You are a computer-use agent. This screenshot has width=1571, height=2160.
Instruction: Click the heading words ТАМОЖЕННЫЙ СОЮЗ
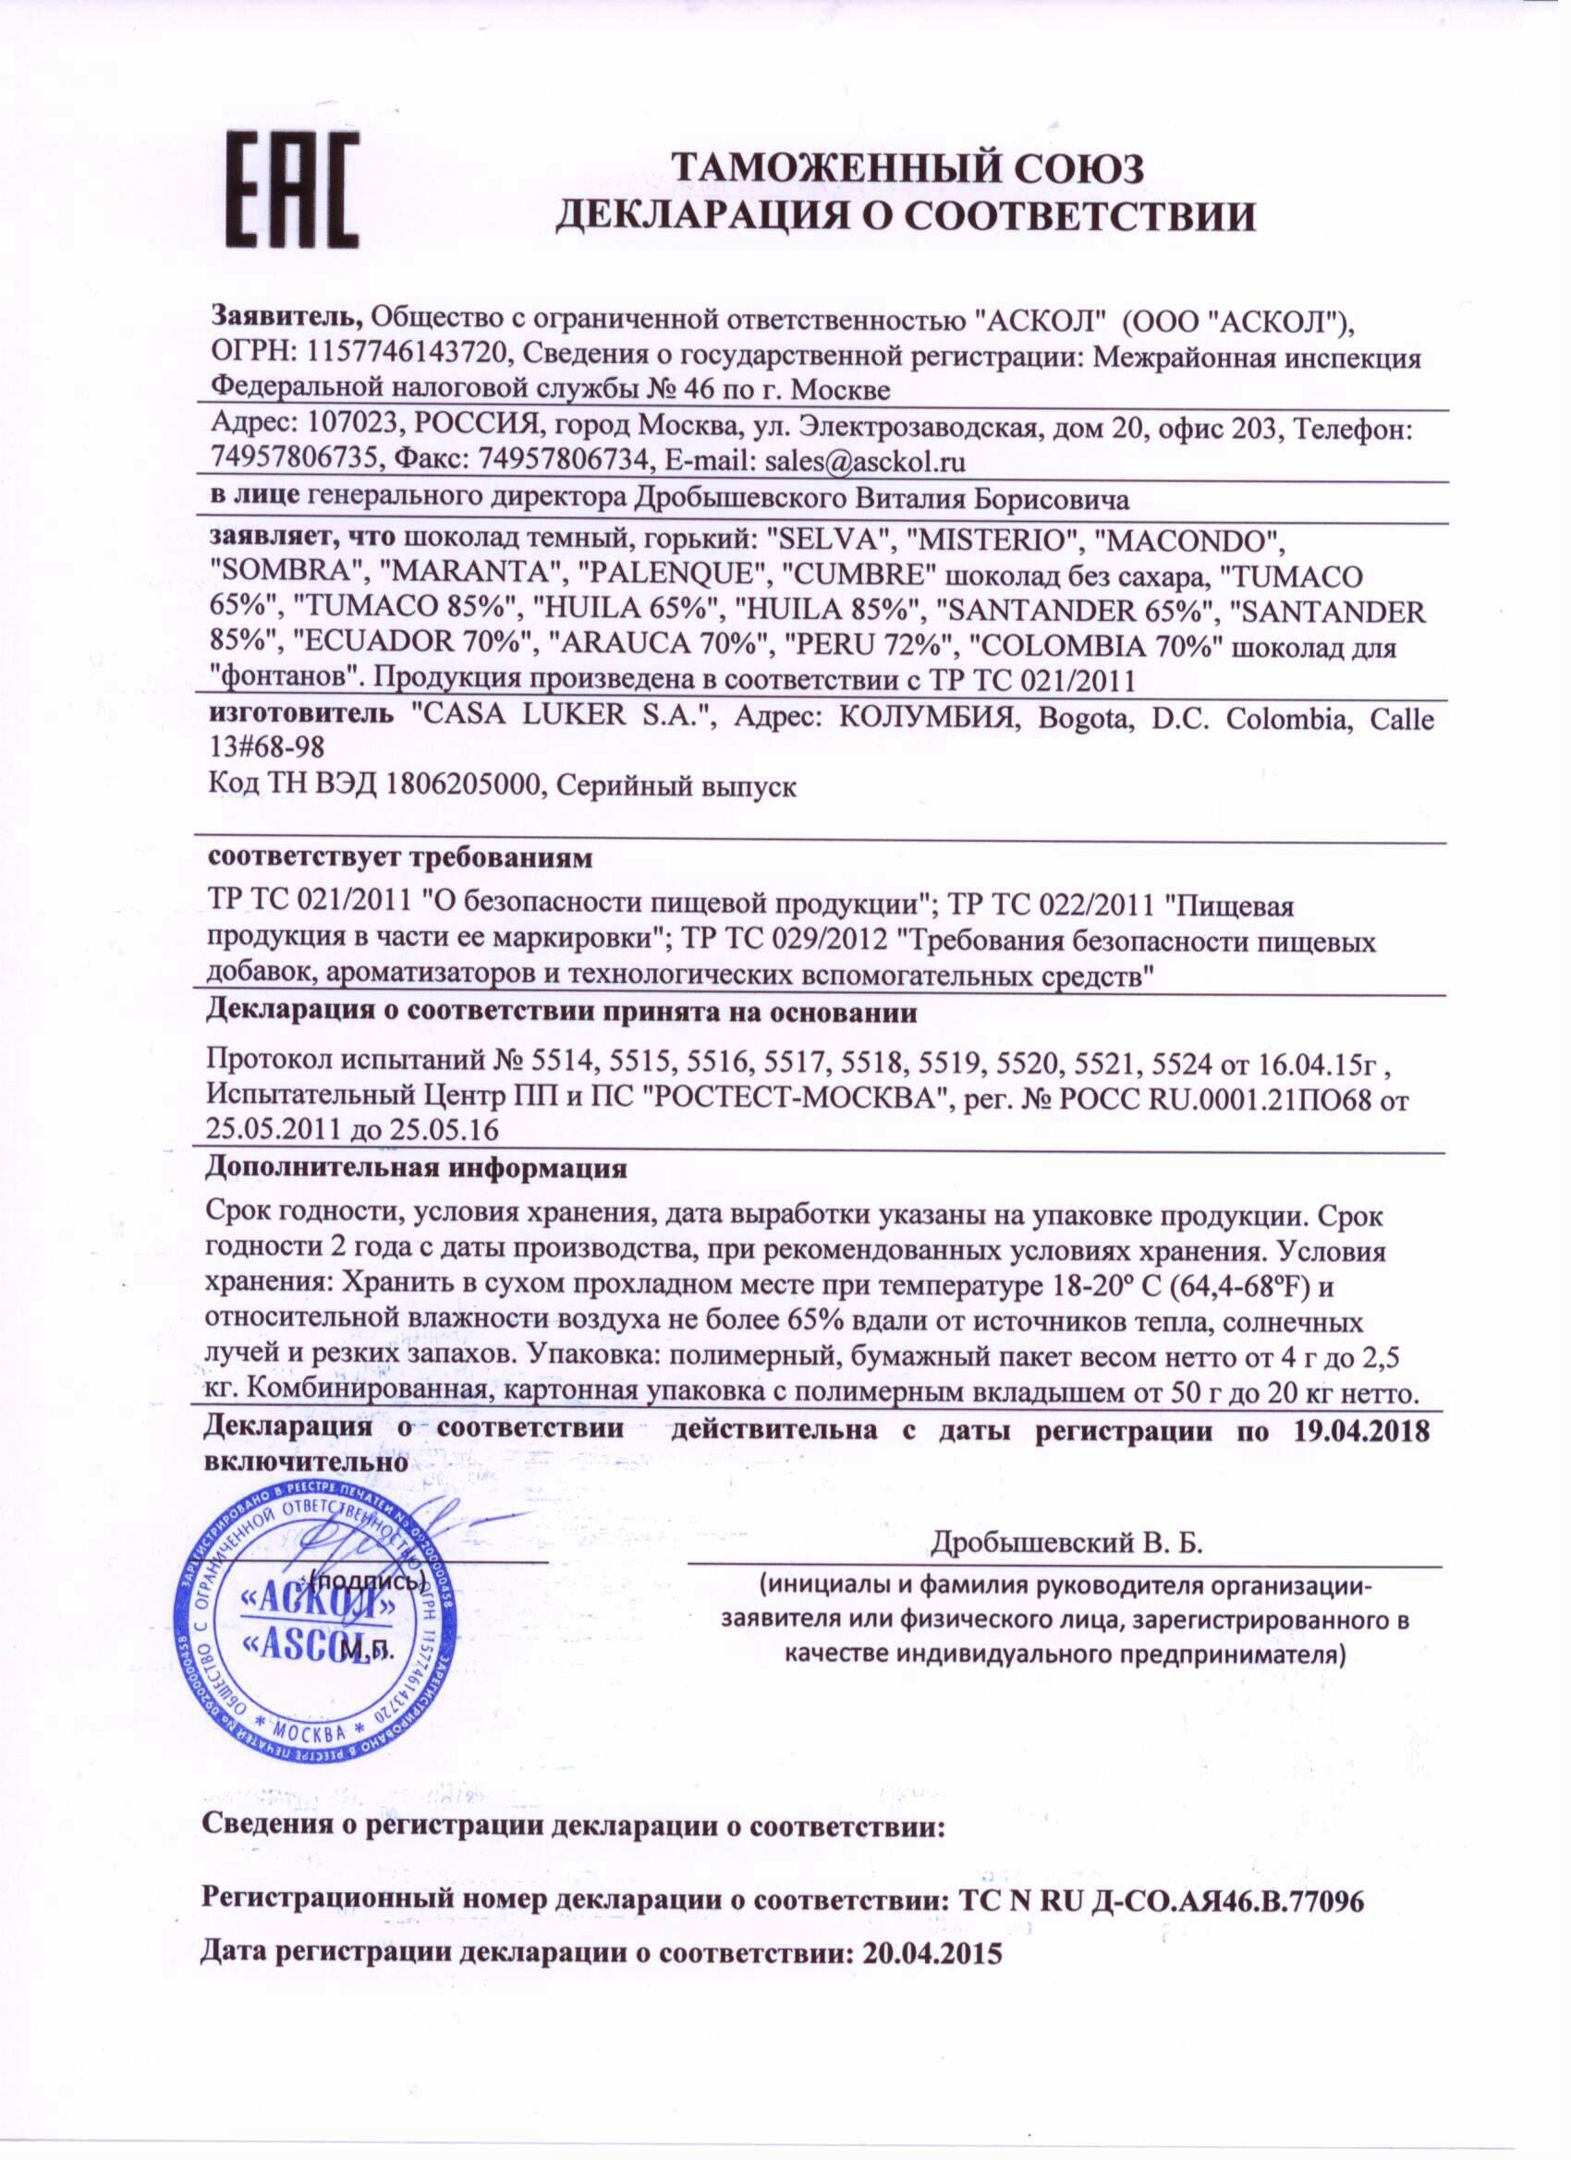click(x=906, y=168)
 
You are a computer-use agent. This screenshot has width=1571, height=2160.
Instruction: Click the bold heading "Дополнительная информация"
click(x=417, y=1168)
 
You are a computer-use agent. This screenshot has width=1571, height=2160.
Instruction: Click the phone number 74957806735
click(x=286, y=462)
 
